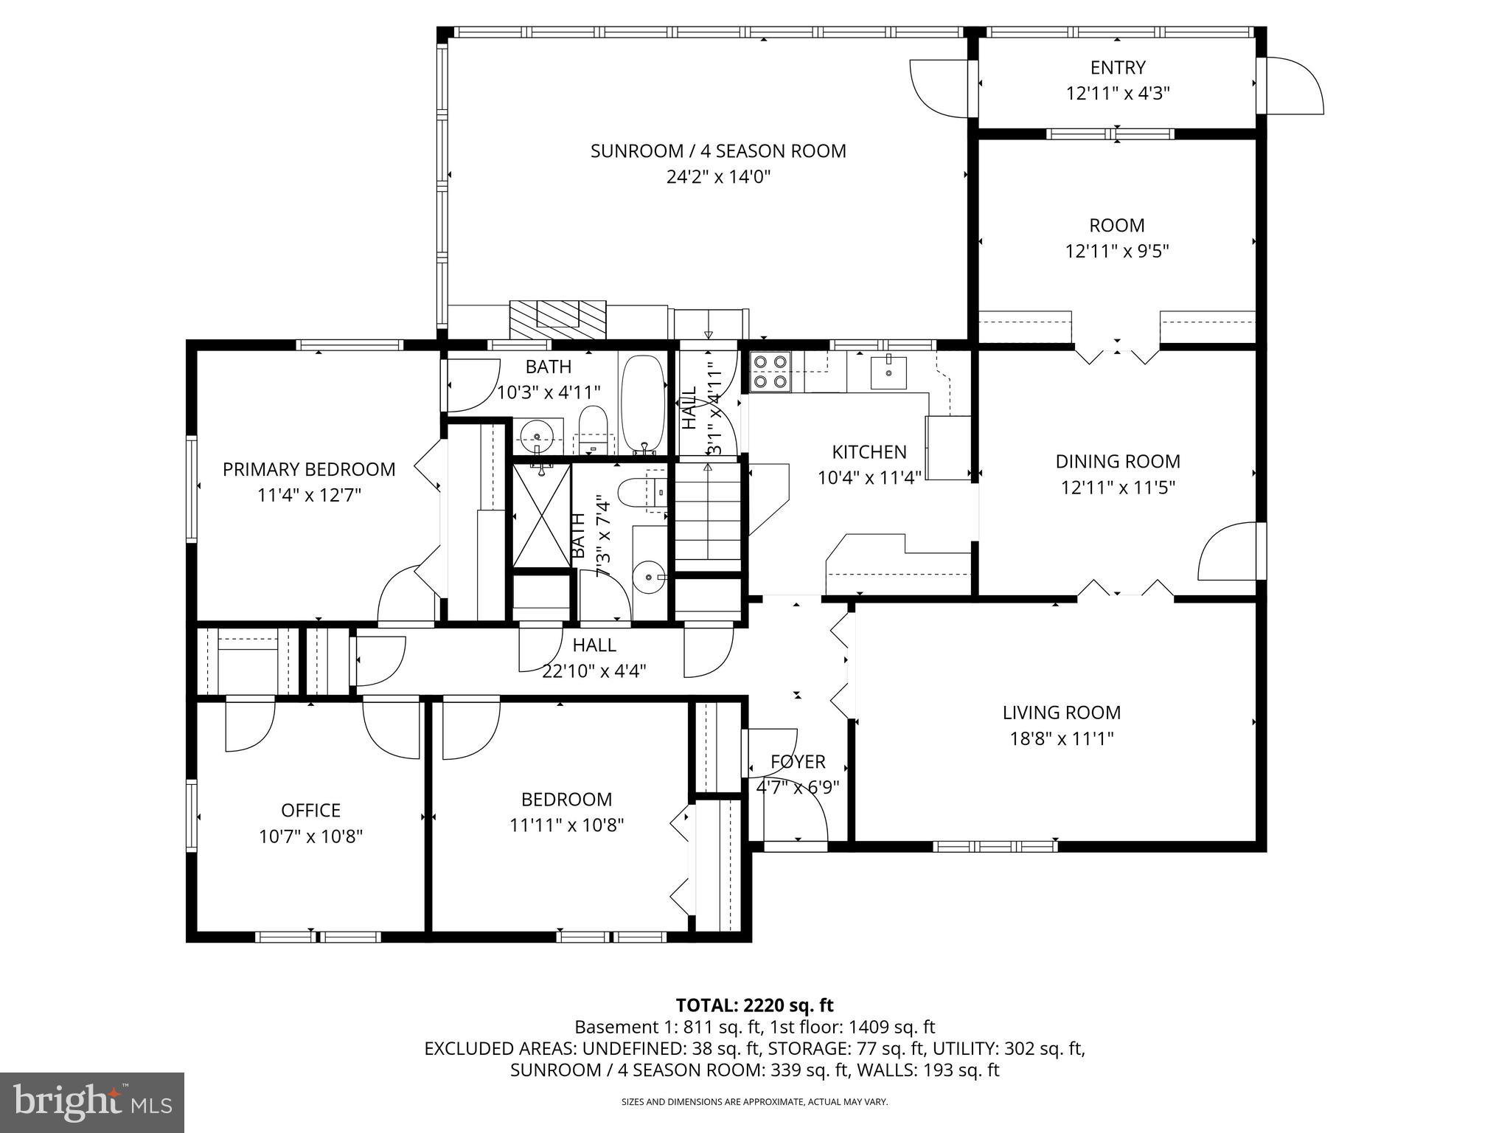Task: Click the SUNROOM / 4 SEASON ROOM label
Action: pos(717,151)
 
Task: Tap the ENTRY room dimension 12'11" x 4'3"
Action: pos(1118,94)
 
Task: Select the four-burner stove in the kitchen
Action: pos(770,371)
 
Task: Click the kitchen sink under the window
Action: pos(889,371)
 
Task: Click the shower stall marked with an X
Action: pos(541,514)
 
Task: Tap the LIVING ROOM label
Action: pos(1061,713)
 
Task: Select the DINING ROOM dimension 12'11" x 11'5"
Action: pos(1118,488)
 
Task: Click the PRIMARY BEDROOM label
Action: pos(309,469)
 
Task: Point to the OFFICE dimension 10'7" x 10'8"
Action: pos(310,836)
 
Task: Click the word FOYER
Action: pos(798,761)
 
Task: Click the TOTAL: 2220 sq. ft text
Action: pos(754,1005)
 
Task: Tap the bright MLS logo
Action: pos(92,1102)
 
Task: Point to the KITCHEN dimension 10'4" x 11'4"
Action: pos(869,478)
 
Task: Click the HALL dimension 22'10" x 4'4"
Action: pos(594,671)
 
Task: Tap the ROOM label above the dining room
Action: pos(1117,225)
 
